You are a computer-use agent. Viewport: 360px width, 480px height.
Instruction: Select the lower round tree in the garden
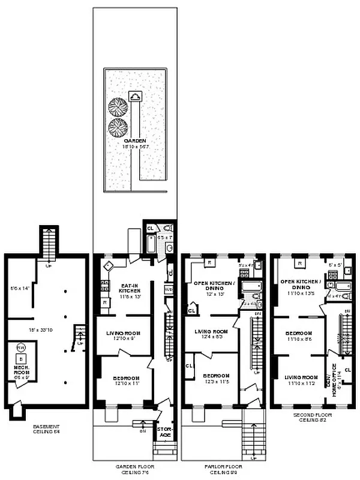pos(117,128)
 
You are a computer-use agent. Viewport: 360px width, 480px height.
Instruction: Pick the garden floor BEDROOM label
pos(125,380)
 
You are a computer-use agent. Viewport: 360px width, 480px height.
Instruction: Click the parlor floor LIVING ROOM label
pos(211,334)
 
